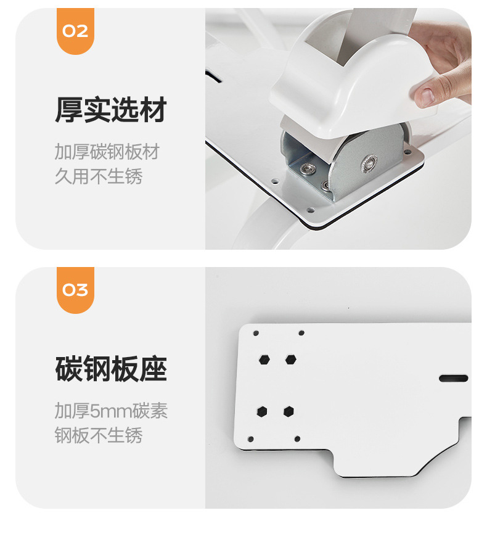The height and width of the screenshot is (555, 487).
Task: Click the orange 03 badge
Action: (x=75, y=290)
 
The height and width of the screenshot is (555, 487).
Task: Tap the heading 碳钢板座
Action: (x=111, y=370)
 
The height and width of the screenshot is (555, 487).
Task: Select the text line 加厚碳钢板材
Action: (x=107, y=152)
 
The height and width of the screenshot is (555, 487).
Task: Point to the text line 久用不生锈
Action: (x=99, y=177)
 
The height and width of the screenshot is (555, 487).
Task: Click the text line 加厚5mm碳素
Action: (x=111, y=411)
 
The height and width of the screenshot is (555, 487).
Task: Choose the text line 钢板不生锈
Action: (x=99, y=436)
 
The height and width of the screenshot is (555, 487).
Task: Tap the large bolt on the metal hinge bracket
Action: (x=369, y=162)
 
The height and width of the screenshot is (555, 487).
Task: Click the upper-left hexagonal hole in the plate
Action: (x=264, y=359)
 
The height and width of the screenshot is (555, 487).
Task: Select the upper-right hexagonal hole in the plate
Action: (x=290, y=359)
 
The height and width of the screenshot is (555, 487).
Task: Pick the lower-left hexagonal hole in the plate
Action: (x=263, y=411)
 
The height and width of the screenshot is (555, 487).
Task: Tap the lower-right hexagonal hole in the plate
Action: (x=289, y=411)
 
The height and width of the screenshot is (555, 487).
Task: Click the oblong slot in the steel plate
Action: (x=453, y=378)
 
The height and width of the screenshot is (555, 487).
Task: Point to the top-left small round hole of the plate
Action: (x=256, y=333)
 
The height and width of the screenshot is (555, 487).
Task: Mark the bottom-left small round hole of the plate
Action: (x=251, y=439)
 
